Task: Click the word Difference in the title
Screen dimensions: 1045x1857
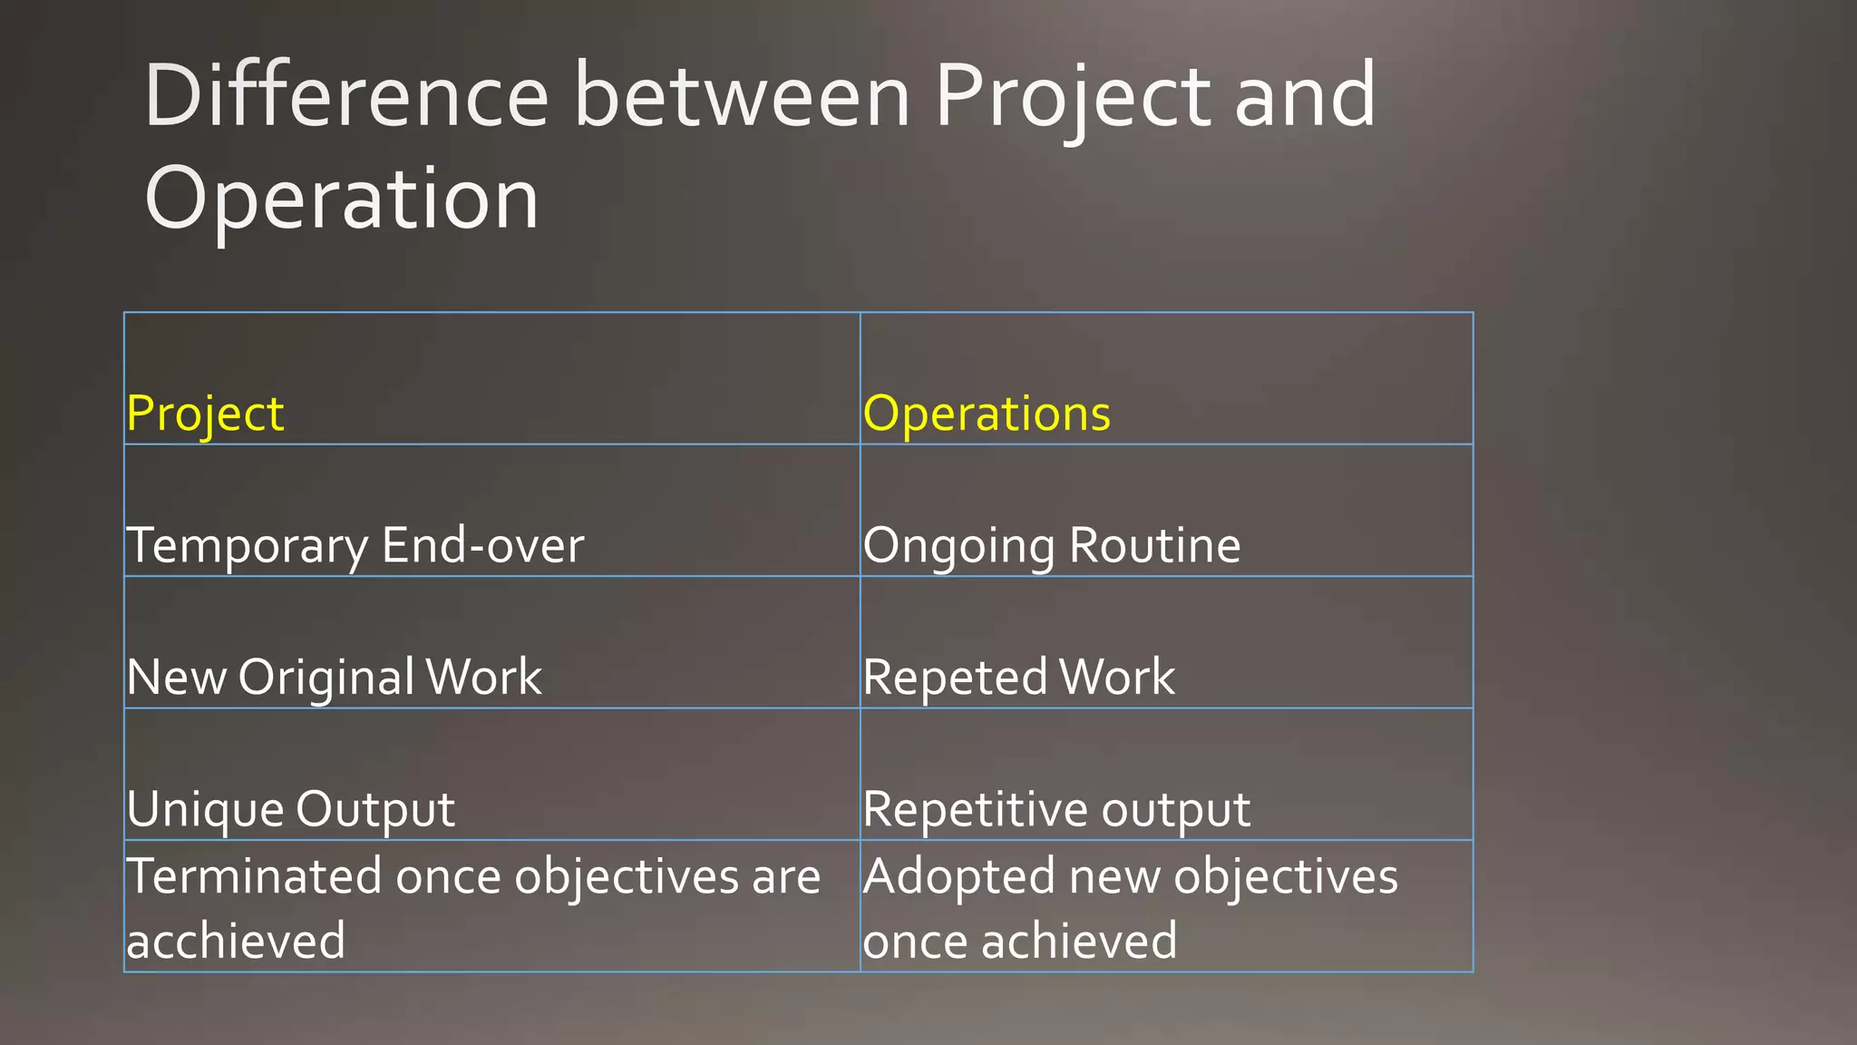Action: tap(346, 95)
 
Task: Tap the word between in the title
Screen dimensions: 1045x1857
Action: tap(742, 95)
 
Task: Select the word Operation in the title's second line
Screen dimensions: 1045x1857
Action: tap(342, 200)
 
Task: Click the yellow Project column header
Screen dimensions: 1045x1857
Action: tap(205, 415)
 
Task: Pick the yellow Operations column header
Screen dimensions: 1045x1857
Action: tap(987, 415)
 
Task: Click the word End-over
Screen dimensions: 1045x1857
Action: tap(482, 545)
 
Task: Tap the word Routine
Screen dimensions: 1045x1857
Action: tap(1154, 545)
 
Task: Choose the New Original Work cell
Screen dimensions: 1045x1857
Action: tap(334, 678)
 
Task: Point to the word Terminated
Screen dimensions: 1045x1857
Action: tap(254, 876)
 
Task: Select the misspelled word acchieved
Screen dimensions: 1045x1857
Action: tap(236, 941)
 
